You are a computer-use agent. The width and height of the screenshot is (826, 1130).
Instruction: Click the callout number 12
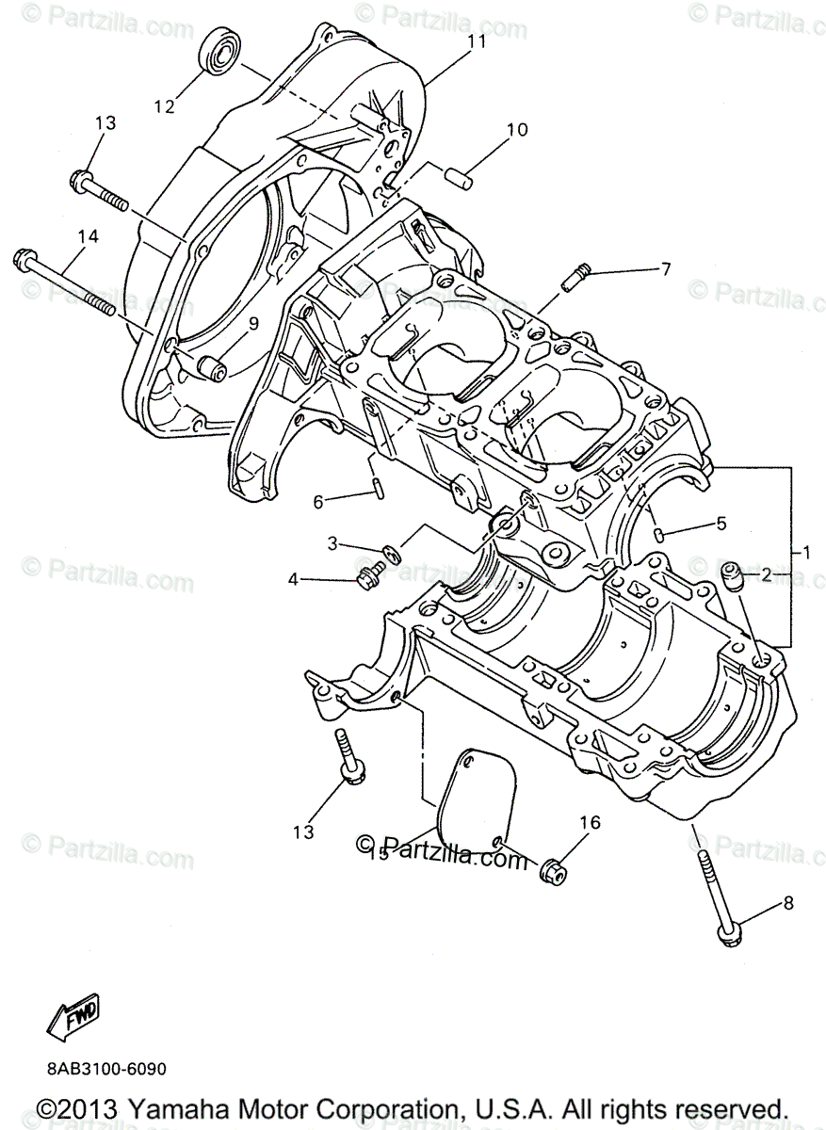[165, 106]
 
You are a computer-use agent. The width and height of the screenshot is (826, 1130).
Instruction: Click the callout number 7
[665, 270]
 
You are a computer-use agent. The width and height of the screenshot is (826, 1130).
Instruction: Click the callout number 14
[88, 238]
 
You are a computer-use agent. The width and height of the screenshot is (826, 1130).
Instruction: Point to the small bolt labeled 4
[369, 573]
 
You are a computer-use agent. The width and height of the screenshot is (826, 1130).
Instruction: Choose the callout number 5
[721, 524]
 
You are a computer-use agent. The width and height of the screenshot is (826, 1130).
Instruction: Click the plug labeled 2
[731, 573]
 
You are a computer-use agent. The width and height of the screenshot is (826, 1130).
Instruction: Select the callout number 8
[788, 904]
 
